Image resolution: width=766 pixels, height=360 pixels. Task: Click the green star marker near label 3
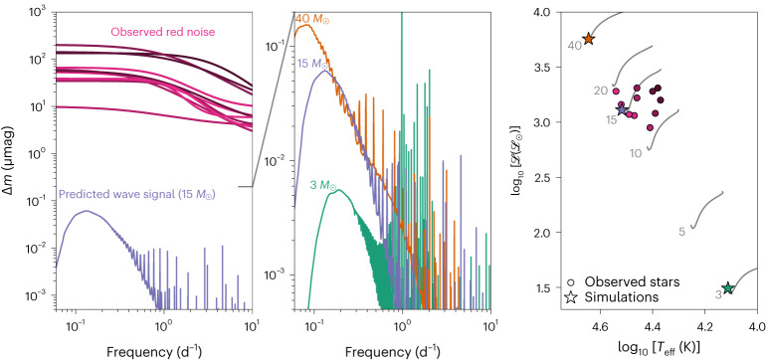coord(728,287)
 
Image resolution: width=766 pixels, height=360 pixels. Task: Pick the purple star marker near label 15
coord(623,109)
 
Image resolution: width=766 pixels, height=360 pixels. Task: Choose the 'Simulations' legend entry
coord(676,297)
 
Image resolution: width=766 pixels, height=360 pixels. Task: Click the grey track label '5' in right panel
coord(681,232)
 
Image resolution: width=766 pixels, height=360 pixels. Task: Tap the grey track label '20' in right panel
coord(601,91)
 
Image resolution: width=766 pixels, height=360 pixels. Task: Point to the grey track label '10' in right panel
coord(635,154)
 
